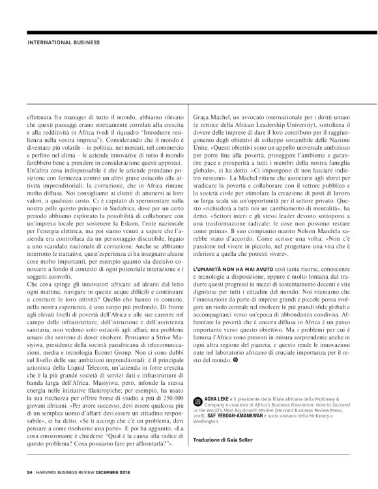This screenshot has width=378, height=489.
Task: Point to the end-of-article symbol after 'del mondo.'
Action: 244,341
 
